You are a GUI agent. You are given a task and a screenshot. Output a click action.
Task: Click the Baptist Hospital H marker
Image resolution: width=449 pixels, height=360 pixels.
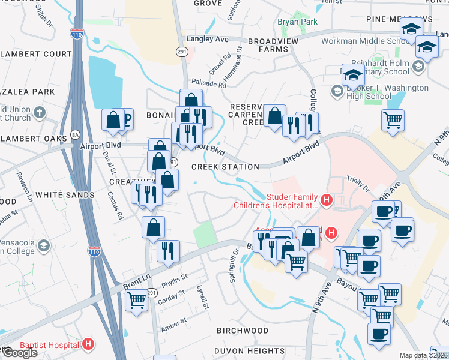point(88,344)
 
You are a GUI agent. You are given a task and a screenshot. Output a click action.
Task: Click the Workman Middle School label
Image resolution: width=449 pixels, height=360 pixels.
point(364,41)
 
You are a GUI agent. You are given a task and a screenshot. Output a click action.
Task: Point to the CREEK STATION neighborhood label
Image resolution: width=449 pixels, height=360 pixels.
point(225,167)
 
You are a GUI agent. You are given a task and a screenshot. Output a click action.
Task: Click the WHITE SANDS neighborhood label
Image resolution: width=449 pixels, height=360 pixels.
point(65,195)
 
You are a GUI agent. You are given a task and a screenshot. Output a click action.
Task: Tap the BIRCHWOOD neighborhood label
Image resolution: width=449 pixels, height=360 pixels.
point(243,331)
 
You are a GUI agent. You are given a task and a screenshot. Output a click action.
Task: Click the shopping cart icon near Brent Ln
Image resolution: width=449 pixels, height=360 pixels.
point(136,299)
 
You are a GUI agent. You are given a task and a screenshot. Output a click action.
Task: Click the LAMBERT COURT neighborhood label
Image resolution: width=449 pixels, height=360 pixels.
point(37,54)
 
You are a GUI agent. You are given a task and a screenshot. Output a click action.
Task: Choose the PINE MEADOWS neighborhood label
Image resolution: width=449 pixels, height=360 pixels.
point(391,19)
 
